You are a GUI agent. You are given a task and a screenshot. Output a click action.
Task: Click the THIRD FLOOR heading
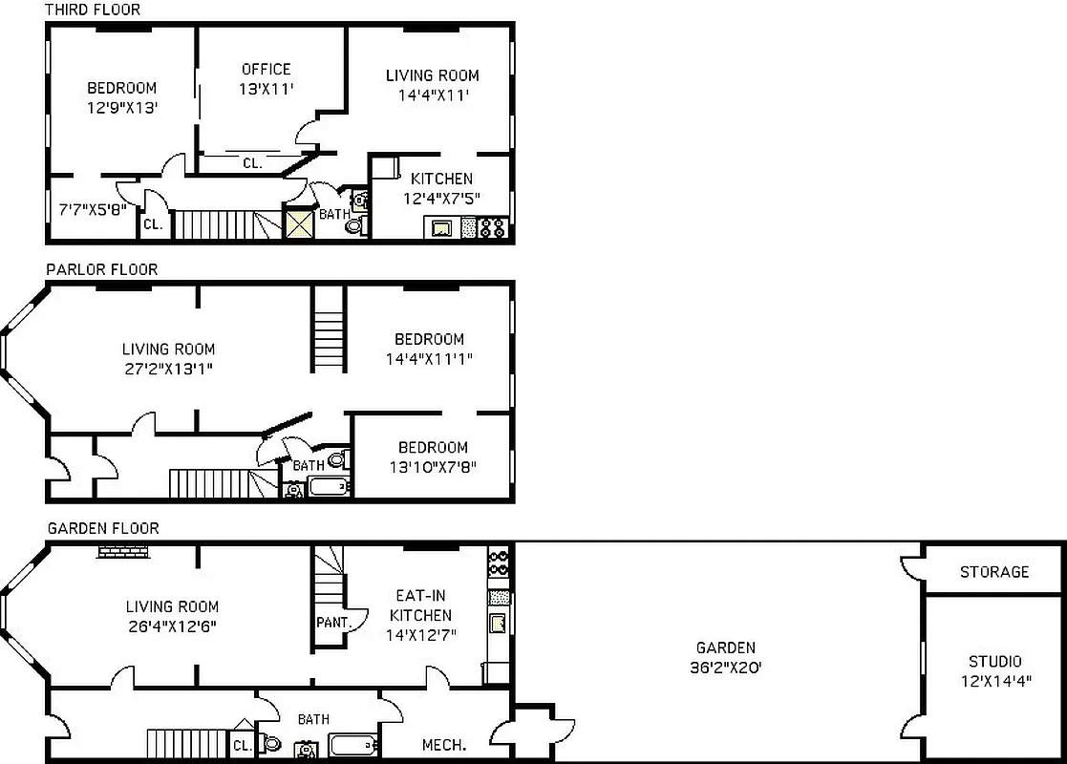93,10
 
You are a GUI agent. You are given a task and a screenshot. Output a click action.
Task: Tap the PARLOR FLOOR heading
102,269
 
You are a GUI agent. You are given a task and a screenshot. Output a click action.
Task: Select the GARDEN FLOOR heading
103,528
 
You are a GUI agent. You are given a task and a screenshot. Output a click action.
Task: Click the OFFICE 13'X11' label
266,78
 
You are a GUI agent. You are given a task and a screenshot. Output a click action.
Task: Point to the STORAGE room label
994,571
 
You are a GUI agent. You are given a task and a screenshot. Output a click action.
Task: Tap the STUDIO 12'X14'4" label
994,671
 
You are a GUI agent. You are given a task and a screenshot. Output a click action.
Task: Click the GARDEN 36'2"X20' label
725,658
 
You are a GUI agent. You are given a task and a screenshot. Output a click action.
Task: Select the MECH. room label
444,745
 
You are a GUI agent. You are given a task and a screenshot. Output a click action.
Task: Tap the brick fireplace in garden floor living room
122,551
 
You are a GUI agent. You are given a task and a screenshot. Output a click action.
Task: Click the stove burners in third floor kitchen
493,228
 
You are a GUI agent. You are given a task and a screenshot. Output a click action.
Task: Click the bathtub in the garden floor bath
352,745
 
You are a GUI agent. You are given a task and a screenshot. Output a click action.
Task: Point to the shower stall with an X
299,224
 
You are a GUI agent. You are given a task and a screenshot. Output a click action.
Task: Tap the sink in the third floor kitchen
441,228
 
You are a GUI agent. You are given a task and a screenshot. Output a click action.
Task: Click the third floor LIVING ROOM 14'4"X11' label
432,85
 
